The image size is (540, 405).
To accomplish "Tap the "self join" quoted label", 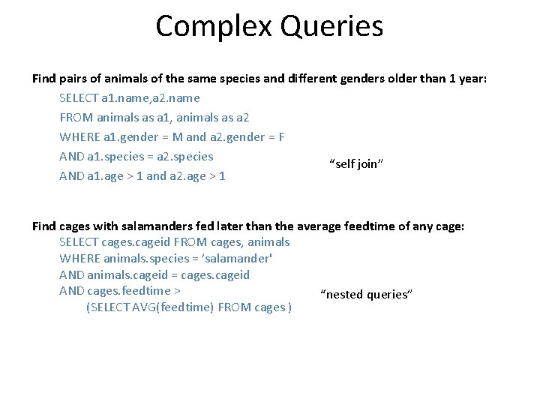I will [x=356, y=164].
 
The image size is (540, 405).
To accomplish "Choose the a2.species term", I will [x=187, y=156].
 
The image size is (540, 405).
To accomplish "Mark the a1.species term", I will [x=116, y=156].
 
